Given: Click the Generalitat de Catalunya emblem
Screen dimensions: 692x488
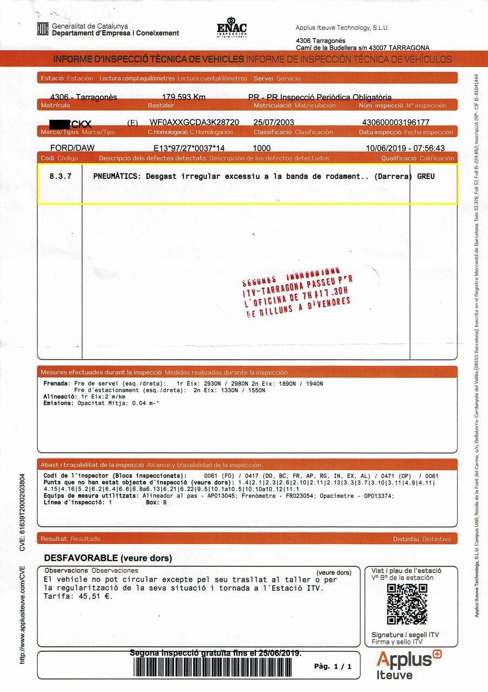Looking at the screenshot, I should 43,29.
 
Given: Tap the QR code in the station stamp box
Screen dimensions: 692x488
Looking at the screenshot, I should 407,604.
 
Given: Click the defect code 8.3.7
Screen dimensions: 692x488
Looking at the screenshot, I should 60,176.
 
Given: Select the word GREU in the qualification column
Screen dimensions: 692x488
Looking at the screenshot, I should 426,176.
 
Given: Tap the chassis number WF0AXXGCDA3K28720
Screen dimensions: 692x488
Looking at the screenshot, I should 194,123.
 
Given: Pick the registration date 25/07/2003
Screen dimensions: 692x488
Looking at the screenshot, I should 273,123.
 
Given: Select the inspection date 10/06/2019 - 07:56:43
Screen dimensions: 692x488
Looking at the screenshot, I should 405,148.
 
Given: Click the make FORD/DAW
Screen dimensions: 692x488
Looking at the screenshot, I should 72,148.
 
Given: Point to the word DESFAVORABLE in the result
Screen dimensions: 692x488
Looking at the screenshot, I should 81,558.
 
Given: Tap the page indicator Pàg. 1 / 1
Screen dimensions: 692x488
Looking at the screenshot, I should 333,666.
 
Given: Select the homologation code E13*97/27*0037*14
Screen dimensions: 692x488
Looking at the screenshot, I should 189,148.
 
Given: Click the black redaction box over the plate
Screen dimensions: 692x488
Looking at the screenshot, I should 60,124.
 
